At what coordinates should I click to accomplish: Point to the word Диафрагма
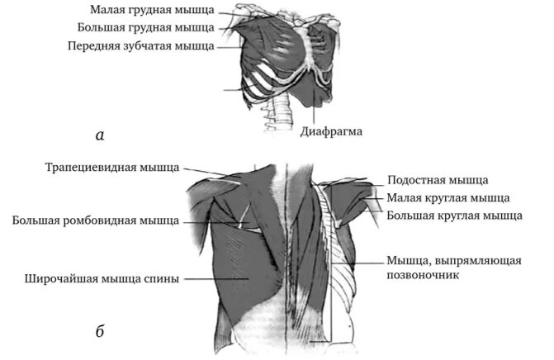(332, 131)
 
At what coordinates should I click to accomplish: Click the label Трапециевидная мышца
(111, 168)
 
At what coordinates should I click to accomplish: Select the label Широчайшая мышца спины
(102, 278)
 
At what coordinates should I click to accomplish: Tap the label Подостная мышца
(438, 179)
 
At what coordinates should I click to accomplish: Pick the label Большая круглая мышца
(454, 216)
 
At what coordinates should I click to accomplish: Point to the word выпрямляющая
(480, 261)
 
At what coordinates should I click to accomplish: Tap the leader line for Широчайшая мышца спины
(215, 278)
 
